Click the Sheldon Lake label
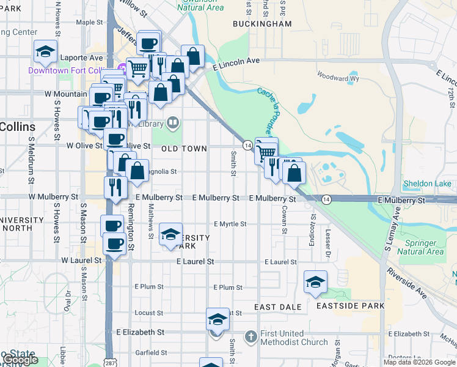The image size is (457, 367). coord(427,183)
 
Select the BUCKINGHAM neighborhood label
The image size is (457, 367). coord(262,24)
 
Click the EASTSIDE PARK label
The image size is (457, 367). coord(350,306)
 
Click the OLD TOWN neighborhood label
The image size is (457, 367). coord(184,149)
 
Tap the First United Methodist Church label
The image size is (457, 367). coord(294,337)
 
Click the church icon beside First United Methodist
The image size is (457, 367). coord(250,336)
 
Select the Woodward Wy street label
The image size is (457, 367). coord(337,78)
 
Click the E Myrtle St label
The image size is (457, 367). coord(230,224)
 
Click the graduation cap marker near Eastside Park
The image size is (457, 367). coord(315,282)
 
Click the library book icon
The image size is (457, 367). coord(173,124)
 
